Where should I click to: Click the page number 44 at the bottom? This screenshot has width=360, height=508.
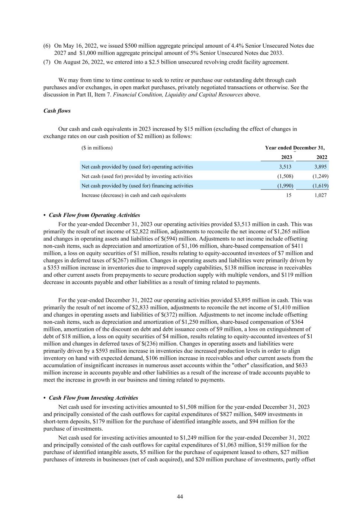[x=180, y=496]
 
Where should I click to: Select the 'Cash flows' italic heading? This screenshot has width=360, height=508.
[x=57, y=111]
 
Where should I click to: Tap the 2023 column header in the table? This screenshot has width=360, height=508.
[x=286, y=157]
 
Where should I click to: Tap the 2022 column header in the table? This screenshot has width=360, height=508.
[x=322, y=157]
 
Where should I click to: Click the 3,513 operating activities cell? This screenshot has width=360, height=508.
[x=285, y=167]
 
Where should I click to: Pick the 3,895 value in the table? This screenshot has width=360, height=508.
[x=321, y=167]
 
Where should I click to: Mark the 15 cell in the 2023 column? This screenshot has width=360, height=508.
[x=289, y=195]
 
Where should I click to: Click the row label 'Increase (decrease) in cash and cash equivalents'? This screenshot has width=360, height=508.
[x=134, y=195]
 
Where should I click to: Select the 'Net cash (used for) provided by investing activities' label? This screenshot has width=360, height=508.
[x=137, y=176]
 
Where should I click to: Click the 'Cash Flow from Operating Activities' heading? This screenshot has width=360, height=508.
[x=94, y=215]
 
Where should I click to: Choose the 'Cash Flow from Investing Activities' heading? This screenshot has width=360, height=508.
[x=93, y=398]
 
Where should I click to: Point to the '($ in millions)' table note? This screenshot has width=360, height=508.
[x=97, y=148]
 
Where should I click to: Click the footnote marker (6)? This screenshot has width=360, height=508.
[x=47, y=46]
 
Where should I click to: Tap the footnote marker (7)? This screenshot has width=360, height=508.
[x=47, y=62]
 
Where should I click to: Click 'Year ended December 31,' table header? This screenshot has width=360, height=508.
[x=295, y=148]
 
